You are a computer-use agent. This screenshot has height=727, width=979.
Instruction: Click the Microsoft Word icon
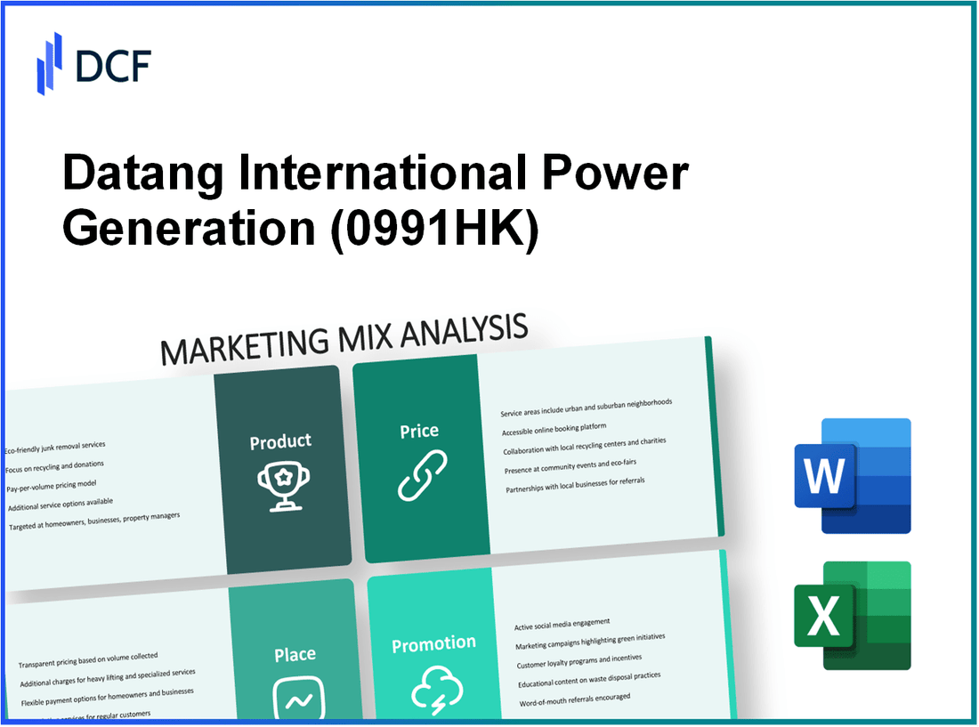(x=852, y=475)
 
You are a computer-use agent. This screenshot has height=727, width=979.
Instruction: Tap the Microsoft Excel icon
(x=852, y=615)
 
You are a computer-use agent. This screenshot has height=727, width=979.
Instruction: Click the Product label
(x=280, y=441)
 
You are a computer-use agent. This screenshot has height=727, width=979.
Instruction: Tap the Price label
(x=419, y=432)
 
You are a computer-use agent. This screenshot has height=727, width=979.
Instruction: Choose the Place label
(x=295, y=655)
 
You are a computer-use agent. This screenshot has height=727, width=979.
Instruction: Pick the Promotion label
(x=434, y=643)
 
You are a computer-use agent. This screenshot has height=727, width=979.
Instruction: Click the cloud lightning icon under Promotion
(x=435, y=690)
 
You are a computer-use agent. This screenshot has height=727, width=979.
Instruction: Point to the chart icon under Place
(x=295, y=698)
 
